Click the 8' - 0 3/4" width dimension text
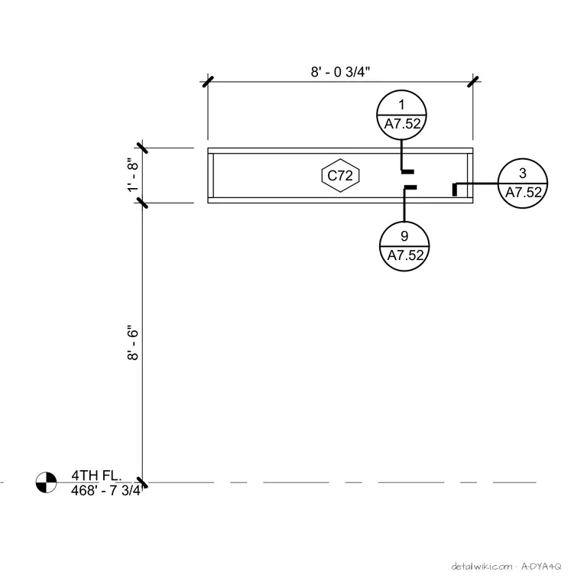(340, 72)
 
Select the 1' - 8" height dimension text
(133, 175)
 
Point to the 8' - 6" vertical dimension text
(133, 342)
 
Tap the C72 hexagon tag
(340, 175)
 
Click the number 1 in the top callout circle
(401, 105)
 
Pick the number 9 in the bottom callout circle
(404, 236)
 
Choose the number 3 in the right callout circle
(523, 173)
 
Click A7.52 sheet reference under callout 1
(403, 124)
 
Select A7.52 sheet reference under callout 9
(405, 255)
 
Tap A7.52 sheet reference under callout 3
(524, 193)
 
